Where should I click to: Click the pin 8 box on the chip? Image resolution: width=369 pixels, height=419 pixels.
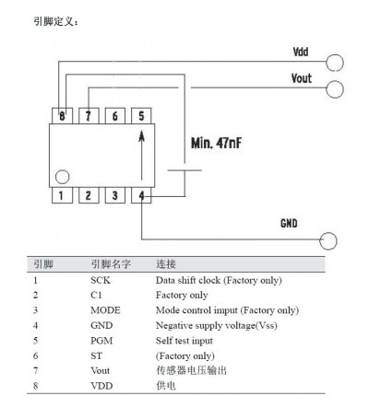click(62, 116)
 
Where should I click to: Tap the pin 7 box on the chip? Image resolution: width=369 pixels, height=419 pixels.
click(89, 116)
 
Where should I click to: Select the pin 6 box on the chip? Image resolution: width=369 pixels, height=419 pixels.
click(115, 116)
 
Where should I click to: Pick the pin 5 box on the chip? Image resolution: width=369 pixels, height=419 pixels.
click(141, 116)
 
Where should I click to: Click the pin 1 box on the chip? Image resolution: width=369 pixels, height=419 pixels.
click(62, 195)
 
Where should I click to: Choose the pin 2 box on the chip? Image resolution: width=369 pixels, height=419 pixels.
click(89, 195)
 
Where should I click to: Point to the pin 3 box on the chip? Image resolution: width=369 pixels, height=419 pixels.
click(115, 195)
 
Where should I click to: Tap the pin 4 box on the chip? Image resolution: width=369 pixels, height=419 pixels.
click(141, 195)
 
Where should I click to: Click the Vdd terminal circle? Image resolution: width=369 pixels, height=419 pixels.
click(335, 54)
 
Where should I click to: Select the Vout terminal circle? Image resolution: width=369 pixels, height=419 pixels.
click(335, 81)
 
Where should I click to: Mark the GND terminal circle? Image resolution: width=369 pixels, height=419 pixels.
click(328, 233)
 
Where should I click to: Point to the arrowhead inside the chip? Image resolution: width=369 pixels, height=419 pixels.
click(141, 136)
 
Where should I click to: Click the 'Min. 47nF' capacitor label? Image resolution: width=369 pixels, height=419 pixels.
click(216, 143)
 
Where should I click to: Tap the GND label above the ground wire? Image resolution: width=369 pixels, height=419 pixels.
click(289, 223)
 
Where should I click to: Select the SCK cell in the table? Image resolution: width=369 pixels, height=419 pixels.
click(101, 280)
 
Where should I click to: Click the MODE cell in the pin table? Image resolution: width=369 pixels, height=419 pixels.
click(105, 310)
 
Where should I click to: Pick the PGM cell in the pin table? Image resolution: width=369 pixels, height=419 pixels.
click(101, 341)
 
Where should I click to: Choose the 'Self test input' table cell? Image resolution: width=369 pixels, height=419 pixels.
click(184, 341)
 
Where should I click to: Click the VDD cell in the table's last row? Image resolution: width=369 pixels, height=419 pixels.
click(101, 386)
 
